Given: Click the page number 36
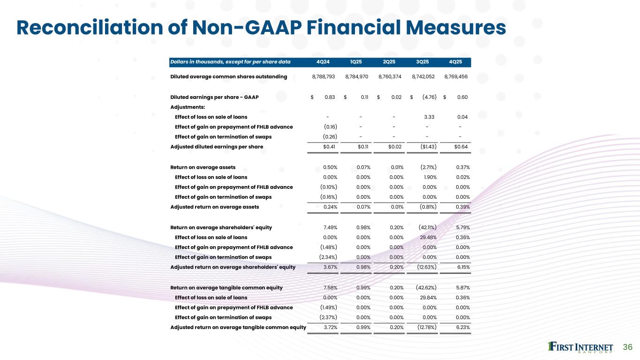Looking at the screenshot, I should click(628, 347).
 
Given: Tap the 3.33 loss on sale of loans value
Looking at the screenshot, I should click(429, 117).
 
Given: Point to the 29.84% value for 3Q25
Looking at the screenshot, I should click(427, 297).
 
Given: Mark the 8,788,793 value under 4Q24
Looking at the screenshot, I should click(324, 76).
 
